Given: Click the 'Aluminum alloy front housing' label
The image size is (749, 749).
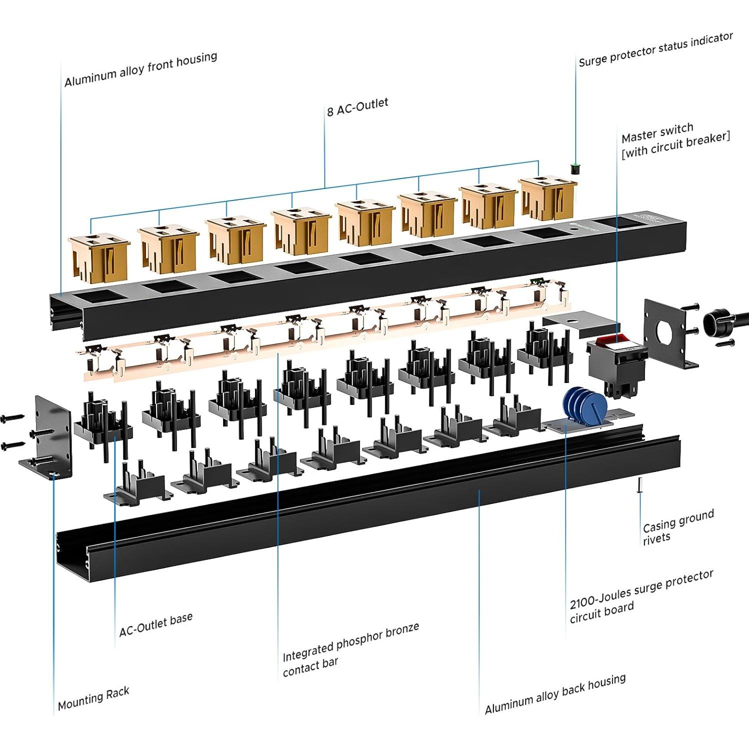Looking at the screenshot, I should tap(140, 69).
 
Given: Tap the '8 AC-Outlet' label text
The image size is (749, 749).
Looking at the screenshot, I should tap(357, 107).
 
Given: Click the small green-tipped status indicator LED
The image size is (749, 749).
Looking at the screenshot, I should tap(575, 168).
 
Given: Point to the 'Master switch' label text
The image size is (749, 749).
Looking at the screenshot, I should tap(657, 133).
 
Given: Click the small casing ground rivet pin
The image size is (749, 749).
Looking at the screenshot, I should tap(639, 485).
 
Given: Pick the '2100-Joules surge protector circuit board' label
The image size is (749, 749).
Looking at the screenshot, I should tap(641, 596).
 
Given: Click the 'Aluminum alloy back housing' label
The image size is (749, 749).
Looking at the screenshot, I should tap(555, 694).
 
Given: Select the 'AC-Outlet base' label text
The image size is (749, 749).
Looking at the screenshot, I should tap(155, 625).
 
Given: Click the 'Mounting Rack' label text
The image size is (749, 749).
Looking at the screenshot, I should tap(93, 698).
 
